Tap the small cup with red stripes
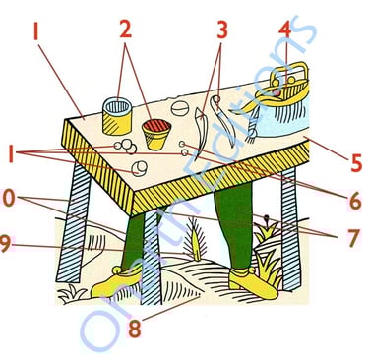156,133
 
